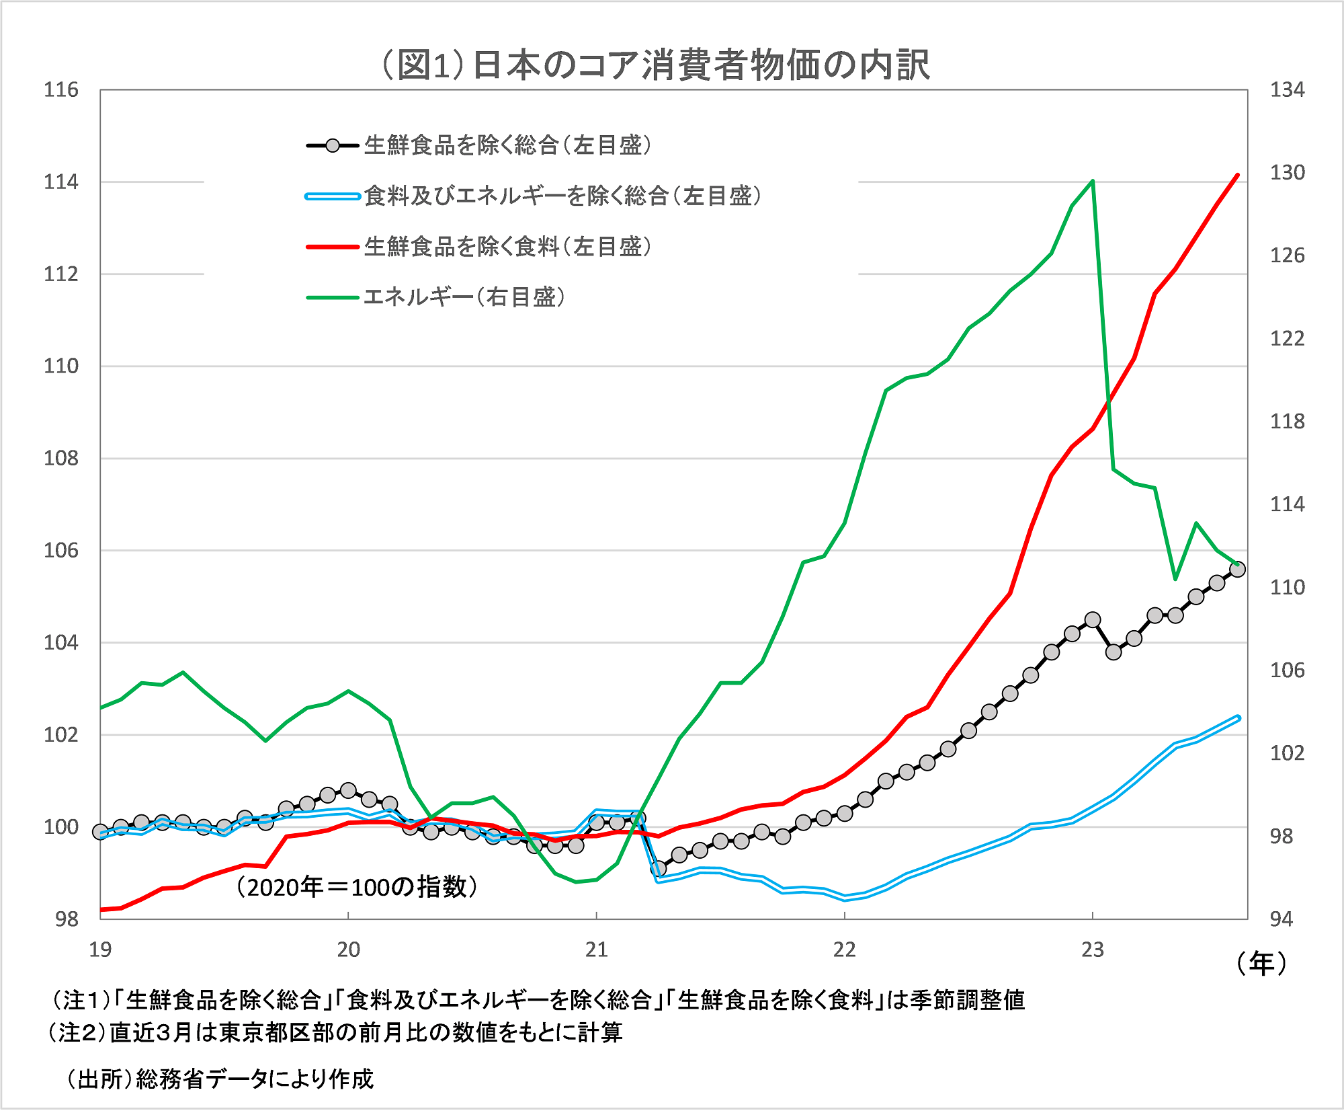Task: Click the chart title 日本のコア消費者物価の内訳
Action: (655, 65)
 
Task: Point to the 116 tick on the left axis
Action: (61, 90)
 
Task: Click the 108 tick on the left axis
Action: (61, 459)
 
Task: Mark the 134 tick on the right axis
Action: (1287, 90)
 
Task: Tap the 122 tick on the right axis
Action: (1287, 338)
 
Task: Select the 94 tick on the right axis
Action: (1282, 919)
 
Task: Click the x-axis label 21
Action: (596, 950)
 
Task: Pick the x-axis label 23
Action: (1093, 950)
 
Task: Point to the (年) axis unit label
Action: (1261, 964)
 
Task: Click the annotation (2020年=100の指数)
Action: (357, 887)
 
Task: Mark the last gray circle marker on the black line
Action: (1237, 570)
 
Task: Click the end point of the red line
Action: (1238, 175)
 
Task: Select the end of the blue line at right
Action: (1238, 718)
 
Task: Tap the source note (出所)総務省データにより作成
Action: (219, 1079)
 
